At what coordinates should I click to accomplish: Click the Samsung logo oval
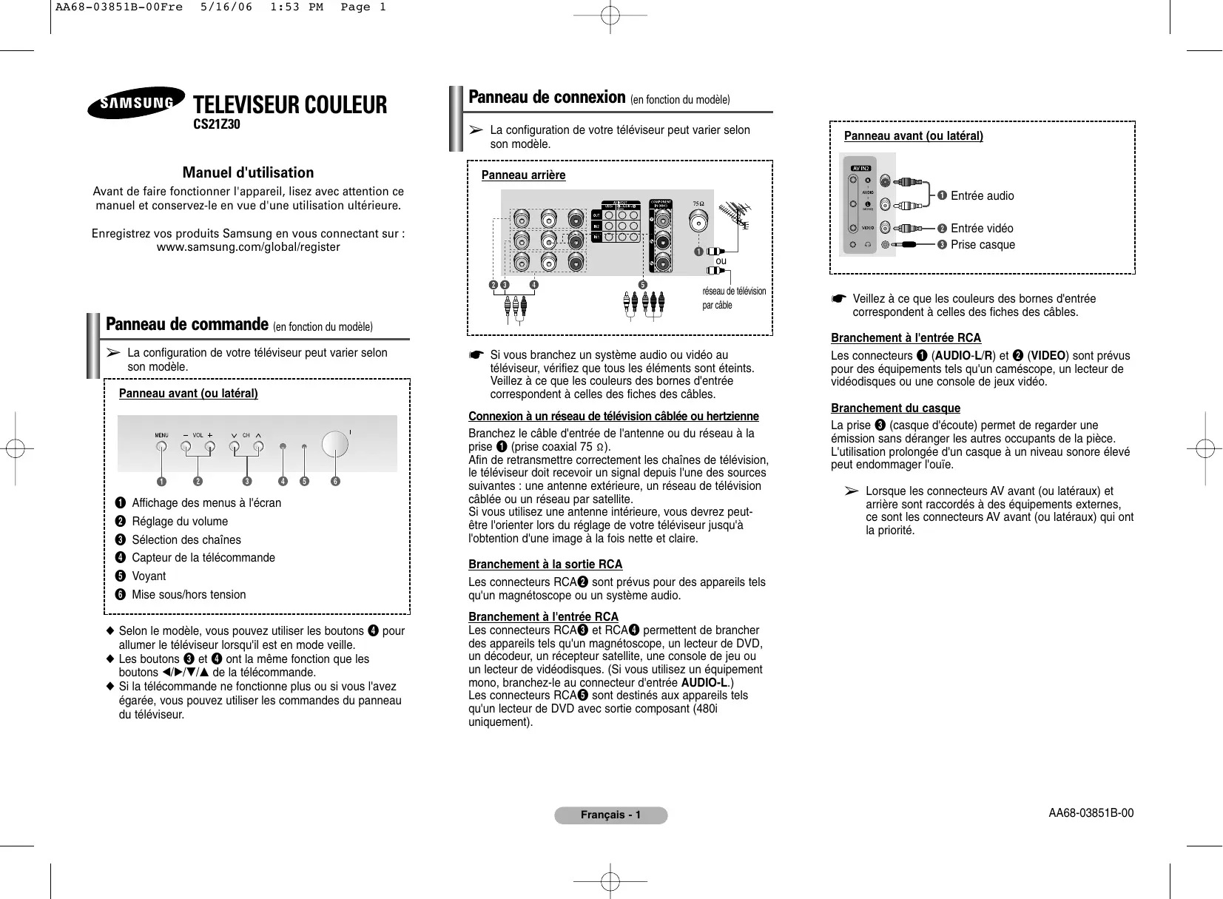point(136,103)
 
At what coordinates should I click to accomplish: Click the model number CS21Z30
point(217,124)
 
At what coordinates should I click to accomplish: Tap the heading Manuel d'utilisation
point(248,172)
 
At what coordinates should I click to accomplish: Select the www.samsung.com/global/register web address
point(248,247)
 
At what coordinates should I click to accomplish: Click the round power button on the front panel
point(334,444)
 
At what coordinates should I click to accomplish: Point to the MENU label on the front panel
point(161,435)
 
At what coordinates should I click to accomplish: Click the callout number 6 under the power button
point(335,482)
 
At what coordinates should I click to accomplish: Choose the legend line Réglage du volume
point(180,522)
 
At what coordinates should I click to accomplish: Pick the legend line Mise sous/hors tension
point(189,595)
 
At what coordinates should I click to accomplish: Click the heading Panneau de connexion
point(547,97)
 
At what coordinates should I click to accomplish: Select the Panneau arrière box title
point(523,175)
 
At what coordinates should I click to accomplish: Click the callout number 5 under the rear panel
point(642,285)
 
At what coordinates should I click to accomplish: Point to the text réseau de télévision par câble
point(733,298)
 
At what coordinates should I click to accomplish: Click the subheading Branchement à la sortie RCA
point(545,565)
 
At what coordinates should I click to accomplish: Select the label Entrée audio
point(982,196)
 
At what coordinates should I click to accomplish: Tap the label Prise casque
point(983,245)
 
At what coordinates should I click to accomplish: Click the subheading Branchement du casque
point(895,408)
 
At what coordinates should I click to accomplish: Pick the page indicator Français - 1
point(610,815)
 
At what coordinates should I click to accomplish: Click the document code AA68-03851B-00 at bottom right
point(1091,813)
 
